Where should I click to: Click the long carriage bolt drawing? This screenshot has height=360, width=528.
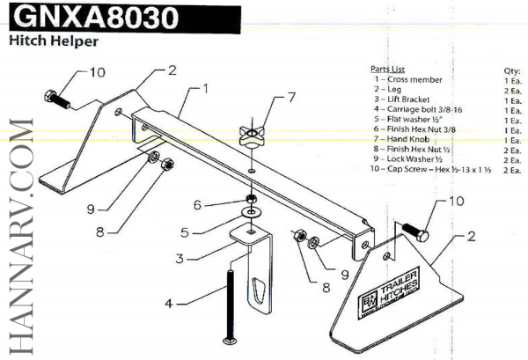(231, 304)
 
